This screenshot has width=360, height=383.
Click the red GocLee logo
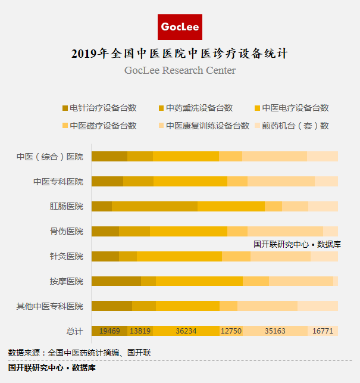click(180, 27)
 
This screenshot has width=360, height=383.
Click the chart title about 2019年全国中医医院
click(180, 54)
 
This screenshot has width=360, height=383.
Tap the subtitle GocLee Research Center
click(180, 71)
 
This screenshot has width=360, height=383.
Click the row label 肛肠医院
click(67, 207)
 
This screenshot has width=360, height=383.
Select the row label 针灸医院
click(67, 256)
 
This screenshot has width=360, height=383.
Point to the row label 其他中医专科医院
click(50, 306)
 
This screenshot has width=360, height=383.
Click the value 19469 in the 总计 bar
click(109, 331)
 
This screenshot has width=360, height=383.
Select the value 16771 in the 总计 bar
click(323, 331)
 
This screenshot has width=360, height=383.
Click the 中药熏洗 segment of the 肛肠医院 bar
click(155, 206)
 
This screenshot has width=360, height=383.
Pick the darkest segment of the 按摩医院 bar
click(116, 281)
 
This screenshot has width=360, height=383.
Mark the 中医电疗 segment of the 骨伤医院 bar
click(189, 231)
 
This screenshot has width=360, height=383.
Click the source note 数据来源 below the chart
click(80, 353)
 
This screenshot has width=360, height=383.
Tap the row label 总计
click(75, 331)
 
